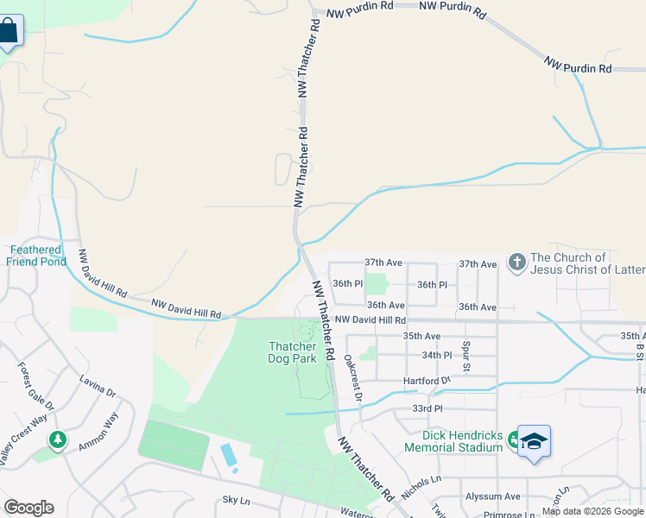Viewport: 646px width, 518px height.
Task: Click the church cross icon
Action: tap(516, 262)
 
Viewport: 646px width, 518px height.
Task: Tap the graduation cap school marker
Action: tap(534, 441)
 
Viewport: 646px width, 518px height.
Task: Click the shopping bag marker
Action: tap(9, 32)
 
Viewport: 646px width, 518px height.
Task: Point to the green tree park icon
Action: tap(58, 439)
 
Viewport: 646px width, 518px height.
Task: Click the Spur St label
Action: tap(466, 356)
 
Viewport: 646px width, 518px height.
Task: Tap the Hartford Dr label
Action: tap(427, 381)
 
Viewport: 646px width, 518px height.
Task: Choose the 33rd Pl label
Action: tap(427, 407)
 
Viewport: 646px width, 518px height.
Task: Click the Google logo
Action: tap(28, 508)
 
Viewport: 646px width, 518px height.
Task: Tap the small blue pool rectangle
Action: tap(228, 455)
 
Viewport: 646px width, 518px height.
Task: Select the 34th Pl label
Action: tap(437, 355)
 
